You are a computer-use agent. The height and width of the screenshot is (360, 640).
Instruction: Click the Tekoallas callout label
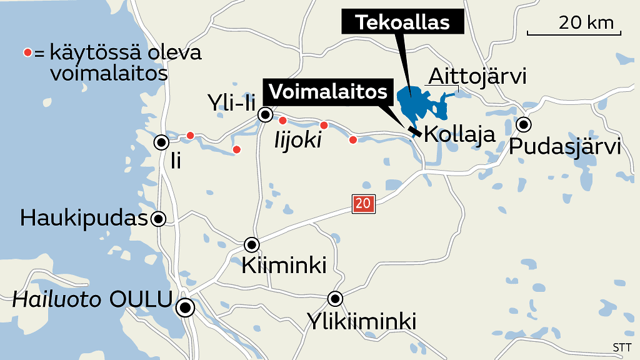point(402,22)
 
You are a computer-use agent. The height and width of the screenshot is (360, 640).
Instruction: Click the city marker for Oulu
point(184,307)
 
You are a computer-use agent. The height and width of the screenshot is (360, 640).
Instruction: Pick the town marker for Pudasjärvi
point(524,124)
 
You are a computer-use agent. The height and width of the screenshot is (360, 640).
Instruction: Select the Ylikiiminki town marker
point(336,298)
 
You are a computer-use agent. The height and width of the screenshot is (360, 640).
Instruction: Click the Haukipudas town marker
point(159,219)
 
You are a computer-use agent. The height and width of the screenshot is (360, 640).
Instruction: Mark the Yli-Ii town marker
point(266,114)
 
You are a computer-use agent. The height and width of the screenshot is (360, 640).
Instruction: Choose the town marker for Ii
point(162,142)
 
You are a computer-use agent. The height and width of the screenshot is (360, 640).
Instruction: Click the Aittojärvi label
point(477,77)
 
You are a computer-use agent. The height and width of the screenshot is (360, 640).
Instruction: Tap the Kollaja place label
point(459,134)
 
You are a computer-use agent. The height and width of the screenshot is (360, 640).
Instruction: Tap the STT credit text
point(622,348)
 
